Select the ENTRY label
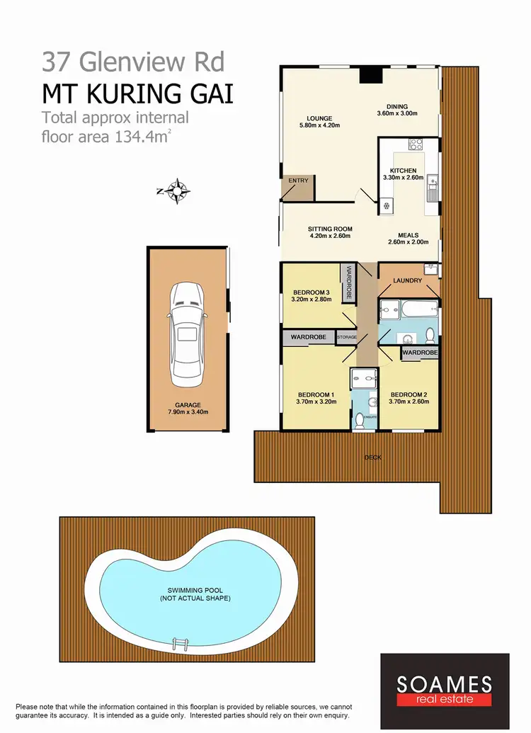(298, 181)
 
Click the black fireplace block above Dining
(368, 76)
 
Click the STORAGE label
(346, 338)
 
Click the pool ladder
(181, 645)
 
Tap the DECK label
(372, 458)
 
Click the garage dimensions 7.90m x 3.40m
(187, 411)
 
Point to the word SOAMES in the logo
(444, 684)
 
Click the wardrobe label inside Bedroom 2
(420, 352)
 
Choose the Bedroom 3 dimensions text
(311, 300)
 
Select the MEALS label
(408, 235)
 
